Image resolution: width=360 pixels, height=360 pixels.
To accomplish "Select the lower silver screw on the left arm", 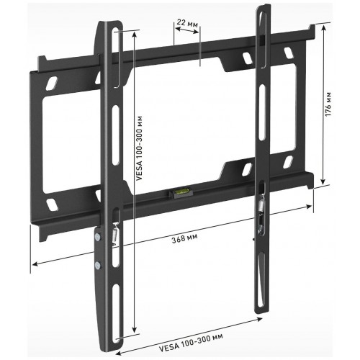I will coord(98,266).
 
